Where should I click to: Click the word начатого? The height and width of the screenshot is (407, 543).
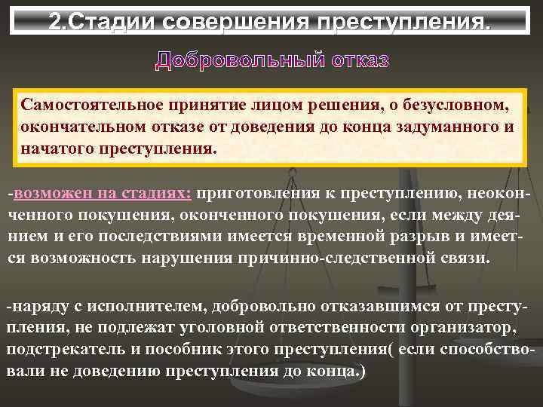56,148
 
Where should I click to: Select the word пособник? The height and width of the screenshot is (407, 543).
189,350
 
